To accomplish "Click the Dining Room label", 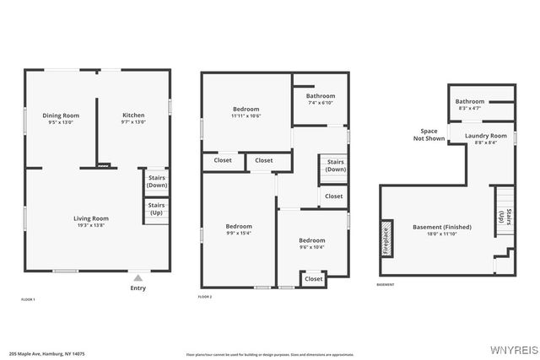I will tap(61, 116).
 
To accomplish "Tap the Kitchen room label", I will tap(133, 116).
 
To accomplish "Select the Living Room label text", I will tap(93, 218).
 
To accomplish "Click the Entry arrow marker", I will tap(138, 277).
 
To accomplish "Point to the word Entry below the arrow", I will tap(138, 288).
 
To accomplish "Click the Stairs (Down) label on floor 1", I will tap(157, 181).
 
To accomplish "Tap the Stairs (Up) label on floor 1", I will tap(157, 208).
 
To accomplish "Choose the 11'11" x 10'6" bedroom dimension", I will tap(246, 116).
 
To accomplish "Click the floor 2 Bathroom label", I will tap(321, 96).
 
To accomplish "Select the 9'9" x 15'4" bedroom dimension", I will tap(238, 234).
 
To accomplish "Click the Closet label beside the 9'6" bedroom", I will tap(313, 278).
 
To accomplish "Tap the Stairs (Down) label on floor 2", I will tap(336, 165).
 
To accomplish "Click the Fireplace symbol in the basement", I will tap(386, 239).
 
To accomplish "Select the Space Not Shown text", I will tap(429, 135).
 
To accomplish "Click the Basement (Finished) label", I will tap(442, 227).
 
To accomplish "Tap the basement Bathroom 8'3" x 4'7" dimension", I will tap(470, 108).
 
